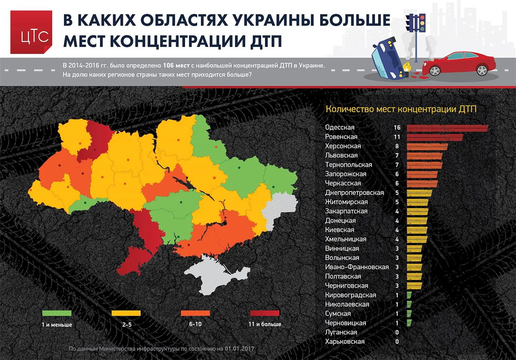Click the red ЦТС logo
coord(31,32)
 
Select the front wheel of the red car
coord(435,70)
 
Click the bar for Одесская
coord(447,128)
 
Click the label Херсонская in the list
coord(343,146)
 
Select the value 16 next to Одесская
coord(397,128)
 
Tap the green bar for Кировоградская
coord(409,295)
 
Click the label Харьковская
coord(344,342)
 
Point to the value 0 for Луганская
coord(397,332)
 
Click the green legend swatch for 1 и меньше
coord(57,313)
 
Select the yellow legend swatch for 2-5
coord(126,313)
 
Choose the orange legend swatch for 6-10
coord(195,313)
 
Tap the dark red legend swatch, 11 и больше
coord(265,313)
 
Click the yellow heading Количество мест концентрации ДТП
coord(401,109)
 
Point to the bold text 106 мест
coord(176,65)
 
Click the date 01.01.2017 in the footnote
coord(239,349)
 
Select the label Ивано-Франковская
coord(357,267)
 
